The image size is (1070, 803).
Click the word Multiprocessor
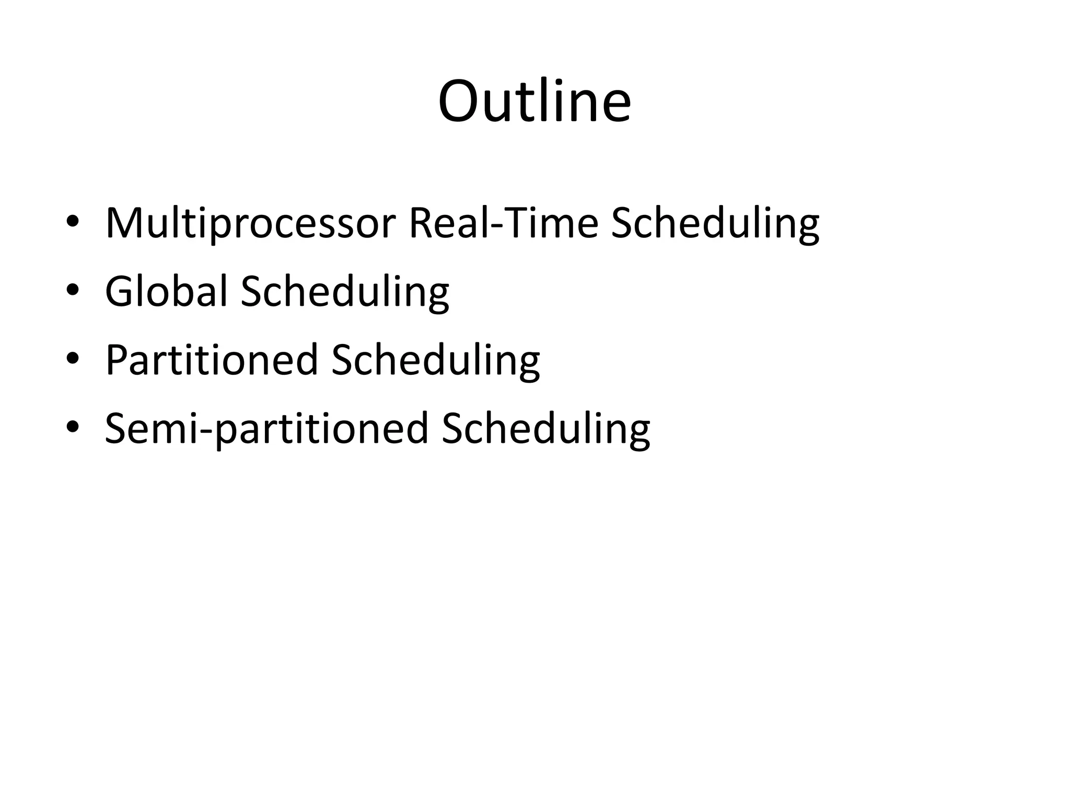click(x=250, y=223)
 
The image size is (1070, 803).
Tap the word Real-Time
click(x=503, y=223)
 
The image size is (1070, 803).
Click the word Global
click(x=167, y=291)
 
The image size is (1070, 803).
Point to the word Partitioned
click(x=212, y=360)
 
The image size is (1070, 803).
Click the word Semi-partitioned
click(x=266, y=428)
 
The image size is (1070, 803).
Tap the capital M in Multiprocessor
click(x=123, y=223)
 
